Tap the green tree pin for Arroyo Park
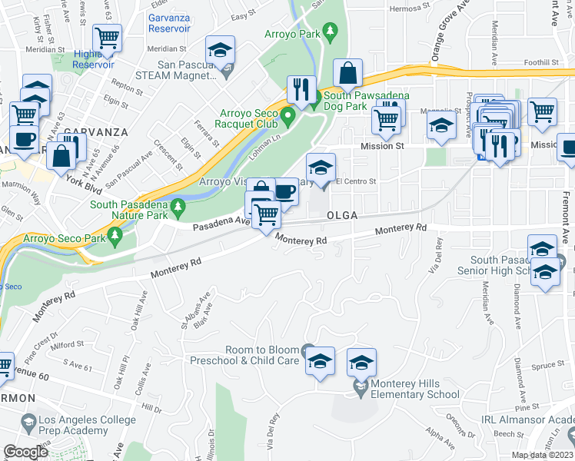tap(331, 32)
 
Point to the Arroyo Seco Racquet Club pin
tap(288, 118)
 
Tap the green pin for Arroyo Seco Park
tap(115, 238)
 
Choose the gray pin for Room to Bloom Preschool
tap(308, 350)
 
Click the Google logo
tap(26, 452)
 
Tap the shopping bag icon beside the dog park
tap(348, 74)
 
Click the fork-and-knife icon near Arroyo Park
tap(301, 88)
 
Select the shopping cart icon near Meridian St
tap(108, 37)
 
